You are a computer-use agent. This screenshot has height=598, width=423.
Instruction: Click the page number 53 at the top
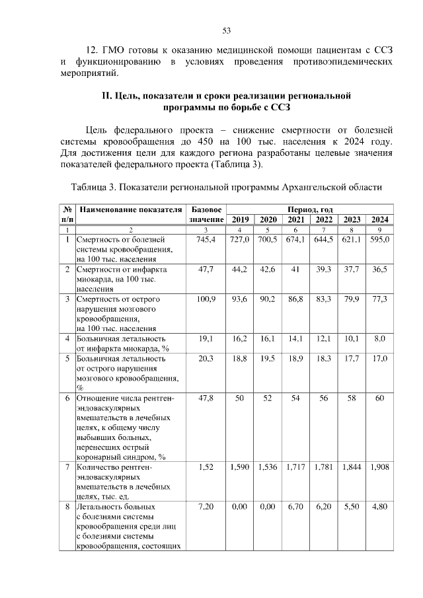(x=225, y=30)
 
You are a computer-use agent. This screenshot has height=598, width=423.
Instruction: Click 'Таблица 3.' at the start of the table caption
(x=95, y=186)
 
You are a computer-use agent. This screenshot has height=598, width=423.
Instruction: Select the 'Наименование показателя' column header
(x=130, y=209)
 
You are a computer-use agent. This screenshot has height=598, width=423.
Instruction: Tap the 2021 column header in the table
(x=295, y=219)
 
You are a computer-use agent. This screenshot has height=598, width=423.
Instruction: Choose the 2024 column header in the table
(x=379, y=219)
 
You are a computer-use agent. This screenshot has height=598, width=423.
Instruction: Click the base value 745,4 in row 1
(x=207, y=239)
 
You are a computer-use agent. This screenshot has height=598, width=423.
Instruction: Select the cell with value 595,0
(x=379, y=239)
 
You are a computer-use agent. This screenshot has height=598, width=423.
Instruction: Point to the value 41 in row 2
(x=295, y=270)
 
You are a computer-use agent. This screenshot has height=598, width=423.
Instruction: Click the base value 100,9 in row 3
(x=207, y=299)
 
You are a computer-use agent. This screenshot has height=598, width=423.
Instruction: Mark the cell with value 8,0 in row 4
(x=379, y=339)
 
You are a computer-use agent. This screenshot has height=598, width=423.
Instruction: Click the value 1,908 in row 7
(x=379, y=467)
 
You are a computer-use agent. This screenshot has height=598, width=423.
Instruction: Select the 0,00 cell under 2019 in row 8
(x=239, y=507)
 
